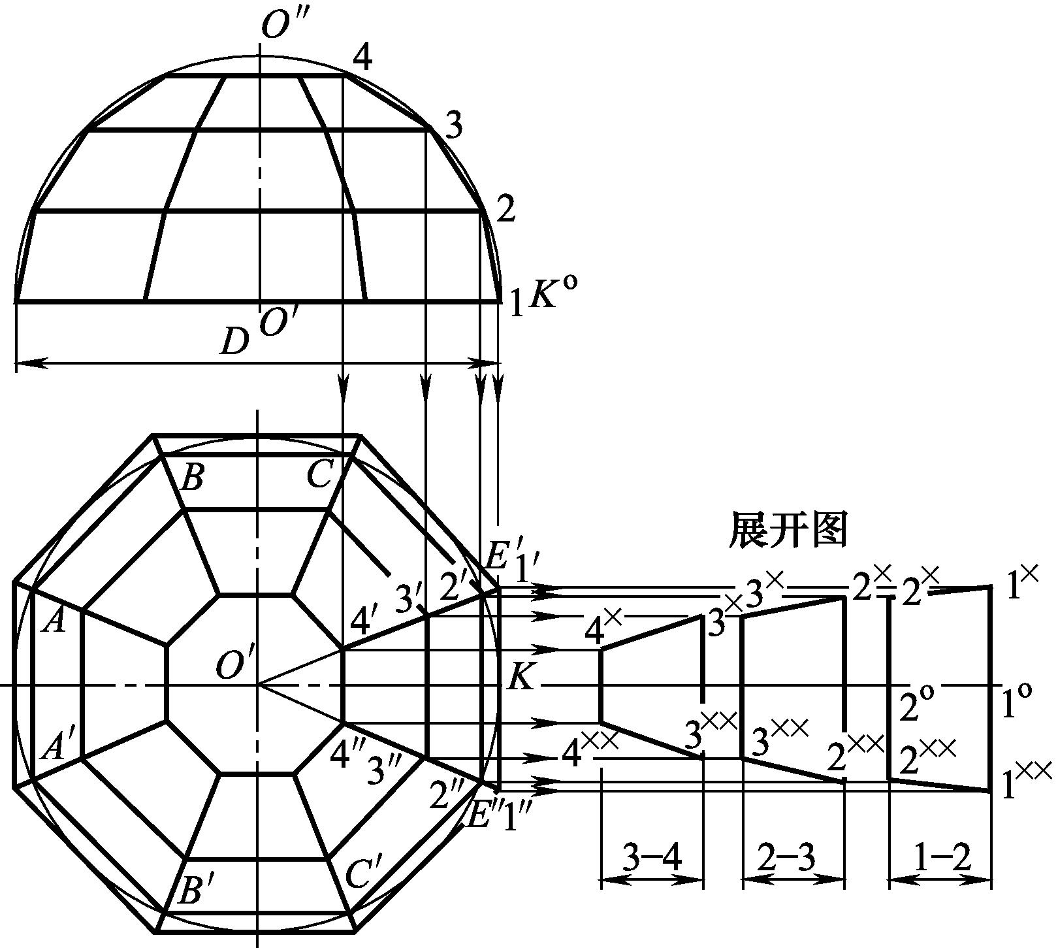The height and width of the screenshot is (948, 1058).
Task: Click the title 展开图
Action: click(788, 529)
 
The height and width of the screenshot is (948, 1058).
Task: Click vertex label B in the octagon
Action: click(192, 479)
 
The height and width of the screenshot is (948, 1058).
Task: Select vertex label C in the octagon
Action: click(321, 475)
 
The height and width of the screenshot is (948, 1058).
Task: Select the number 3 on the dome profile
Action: click(452, 125)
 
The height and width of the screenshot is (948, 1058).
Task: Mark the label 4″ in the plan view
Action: click(347, 755)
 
